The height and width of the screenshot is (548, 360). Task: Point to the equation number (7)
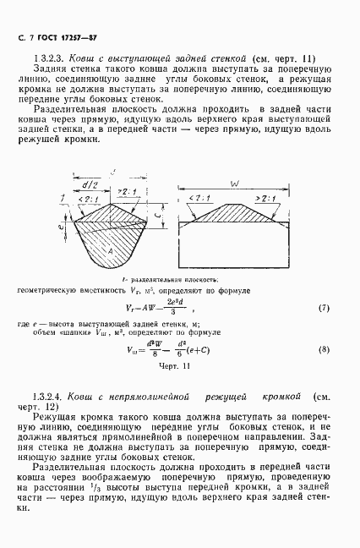pyautogui.click(x=323, y=307)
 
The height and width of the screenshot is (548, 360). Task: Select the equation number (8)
pyautogui.click(x=323, y=349)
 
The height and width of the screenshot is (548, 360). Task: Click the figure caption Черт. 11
pyautogui.click(x=175, y=365)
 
